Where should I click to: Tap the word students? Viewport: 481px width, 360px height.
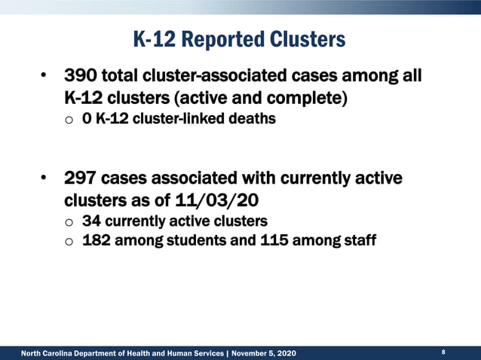pos(207,241)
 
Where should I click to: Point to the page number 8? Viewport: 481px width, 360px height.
pos(443,352)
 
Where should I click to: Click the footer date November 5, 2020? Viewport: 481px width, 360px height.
pos(264,353)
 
